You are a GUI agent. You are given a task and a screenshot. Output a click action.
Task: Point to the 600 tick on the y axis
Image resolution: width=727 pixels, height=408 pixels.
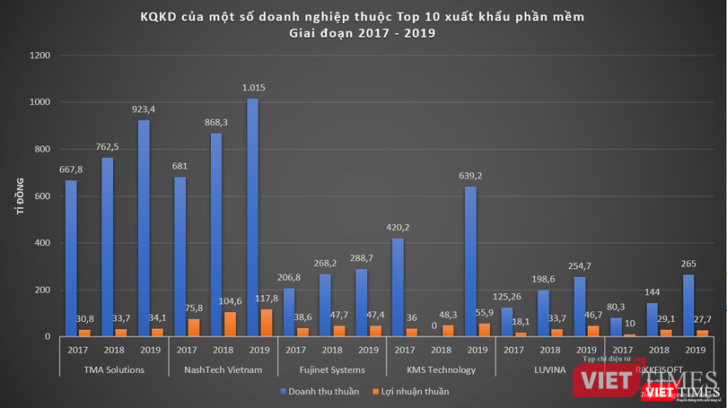(41, 196)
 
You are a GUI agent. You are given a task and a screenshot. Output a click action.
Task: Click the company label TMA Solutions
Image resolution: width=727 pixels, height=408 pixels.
(115, 369)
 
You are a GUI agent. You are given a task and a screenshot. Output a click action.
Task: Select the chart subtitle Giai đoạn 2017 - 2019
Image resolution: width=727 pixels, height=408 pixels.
(363, 33)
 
